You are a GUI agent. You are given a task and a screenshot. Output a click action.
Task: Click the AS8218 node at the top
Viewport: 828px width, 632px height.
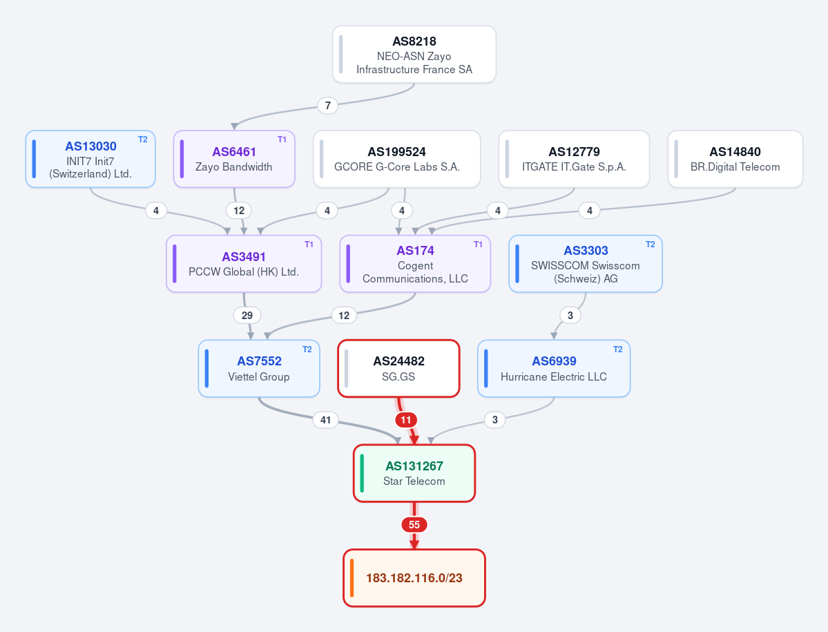pos(414,55)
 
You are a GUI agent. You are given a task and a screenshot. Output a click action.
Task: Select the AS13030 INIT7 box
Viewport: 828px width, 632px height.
pos(90,159)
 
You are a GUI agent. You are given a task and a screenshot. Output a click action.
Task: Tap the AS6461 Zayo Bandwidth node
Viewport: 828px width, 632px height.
pos(234,159)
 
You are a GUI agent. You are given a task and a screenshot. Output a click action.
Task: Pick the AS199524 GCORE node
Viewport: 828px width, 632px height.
pos(396,159)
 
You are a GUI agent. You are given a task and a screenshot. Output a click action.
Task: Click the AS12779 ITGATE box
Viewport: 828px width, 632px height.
pos(574,159)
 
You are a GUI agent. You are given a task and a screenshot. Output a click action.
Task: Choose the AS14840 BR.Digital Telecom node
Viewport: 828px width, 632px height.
pos(735,159)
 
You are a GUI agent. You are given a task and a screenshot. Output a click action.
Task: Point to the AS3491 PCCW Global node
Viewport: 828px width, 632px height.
pos(244,263)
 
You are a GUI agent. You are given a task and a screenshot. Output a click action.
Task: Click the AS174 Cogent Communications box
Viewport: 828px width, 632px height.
pos(415,263)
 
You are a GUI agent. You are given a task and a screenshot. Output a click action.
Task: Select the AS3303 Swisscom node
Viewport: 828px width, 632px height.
pos(586,263)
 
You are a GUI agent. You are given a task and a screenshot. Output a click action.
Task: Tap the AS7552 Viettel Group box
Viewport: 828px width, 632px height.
pos(259,369)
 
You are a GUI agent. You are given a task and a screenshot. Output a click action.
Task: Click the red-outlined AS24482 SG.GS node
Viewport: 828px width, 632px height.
pos(398,369)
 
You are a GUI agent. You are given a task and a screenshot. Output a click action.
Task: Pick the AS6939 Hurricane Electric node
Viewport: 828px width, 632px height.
pos(554,369)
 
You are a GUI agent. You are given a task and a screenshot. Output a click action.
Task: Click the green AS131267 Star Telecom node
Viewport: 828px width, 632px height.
pos(414,473)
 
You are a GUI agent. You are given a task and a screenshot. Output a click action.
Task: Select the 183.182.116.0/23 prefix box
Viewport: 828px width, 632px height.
pos(414,578)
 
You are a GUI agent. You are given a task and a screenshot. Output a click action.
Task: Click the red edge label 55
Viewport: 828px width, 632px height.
pos(414,525)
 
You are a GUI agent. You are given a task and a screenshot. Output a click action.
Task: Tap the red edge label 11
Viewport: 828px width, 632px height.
pos(405,420)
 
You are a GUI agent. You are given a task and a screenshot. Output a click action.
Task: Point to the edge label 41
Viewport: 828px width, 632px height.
pos(325,420)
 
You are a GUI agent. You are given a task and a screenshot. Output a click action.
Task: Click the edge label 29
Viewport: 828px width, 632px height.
pos(247,315)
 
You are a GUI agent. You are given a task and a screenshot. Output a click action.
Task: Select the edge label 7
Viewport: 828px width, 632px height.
pos(328,106)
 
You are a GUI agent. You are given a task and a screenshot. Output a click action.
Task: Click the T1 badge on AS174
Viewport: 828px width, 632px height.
pos(478,245)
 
